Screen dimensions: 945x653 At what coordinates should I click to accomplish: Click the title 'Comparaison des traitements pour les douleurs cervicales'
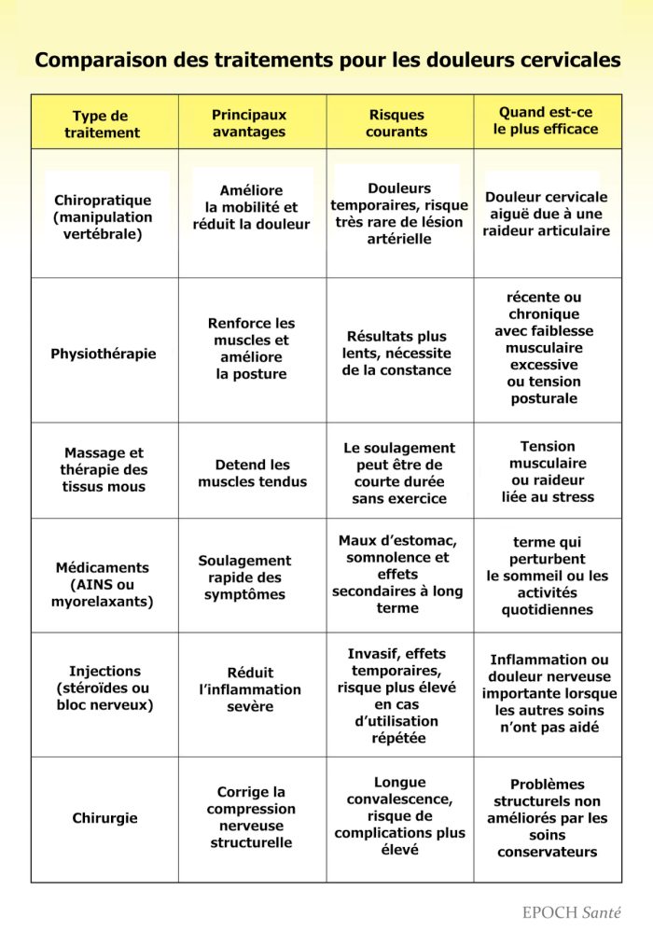[x=327, y=61]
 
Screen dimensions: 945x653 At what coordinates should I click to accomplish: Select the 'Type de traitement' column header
[x=102, y=124]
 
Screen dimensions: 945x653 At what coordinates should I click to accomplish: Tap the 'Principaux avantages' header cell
[x=249, y=123]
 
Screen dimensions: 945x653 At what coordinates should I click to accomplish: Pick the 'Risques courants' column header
[x=396, y=123]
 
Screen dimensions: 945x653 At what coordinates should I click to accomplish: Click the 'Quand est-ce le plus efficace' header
[x=546, y=121]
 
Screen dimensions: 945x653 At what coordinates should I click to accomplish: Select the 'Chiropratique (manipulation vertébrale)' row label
[x=103, y=217]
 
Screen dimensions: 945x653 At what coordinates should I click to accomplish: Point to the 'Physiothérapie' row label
[x=104, y=354]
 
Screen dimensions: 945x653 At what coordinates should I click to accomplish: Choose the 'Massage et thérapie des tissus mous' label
[x=104, y=470]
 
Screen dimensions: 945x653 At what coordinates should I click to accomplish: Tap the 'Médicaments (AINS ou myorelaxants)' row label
[x=103, y=584]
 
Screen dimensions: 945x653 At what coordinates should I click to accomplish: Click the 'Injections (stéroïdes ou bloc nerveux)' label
[x=104, y=688]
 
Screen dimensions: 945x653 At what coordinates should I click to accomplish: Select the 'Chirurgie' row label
[x=104, y=818]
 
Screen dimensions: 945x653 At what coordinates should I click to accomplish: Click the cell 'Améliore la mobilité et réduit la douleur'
[x=251, y=207]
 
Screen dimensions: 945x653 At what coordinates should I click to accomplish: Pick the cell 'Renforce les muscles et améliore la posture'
[x=251, y=349]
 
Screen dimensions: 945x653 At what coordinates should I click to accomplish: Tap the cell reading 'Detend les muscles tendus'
[x=252, y=473]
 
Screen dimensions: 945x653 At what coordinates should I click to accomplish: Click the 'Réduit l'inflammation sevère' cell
[x=250, y=689]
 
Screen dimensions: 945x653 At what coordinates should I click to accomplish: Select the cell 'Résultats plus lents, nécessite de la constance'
[x=396, y=353]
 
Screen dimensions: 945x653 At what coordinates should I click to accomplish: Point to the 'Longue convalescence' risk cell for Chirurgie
[x=399, y=816]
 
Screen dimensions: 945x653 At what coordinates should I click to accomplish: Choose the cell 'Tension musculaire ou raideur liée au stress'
[x=548, y=471]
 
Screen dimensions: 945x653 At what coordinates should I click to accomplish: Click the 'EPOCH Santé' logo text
[x=571, y=913]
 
